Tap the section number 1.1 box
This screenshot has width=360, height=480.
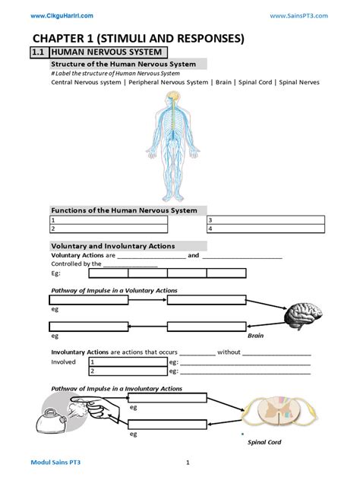39,52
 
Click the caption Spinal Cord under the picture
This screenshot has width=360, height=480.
264,442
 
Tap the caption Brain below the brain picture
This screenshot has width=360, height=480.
256,334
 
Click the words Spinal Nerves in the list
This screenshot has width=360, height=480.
300,82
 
